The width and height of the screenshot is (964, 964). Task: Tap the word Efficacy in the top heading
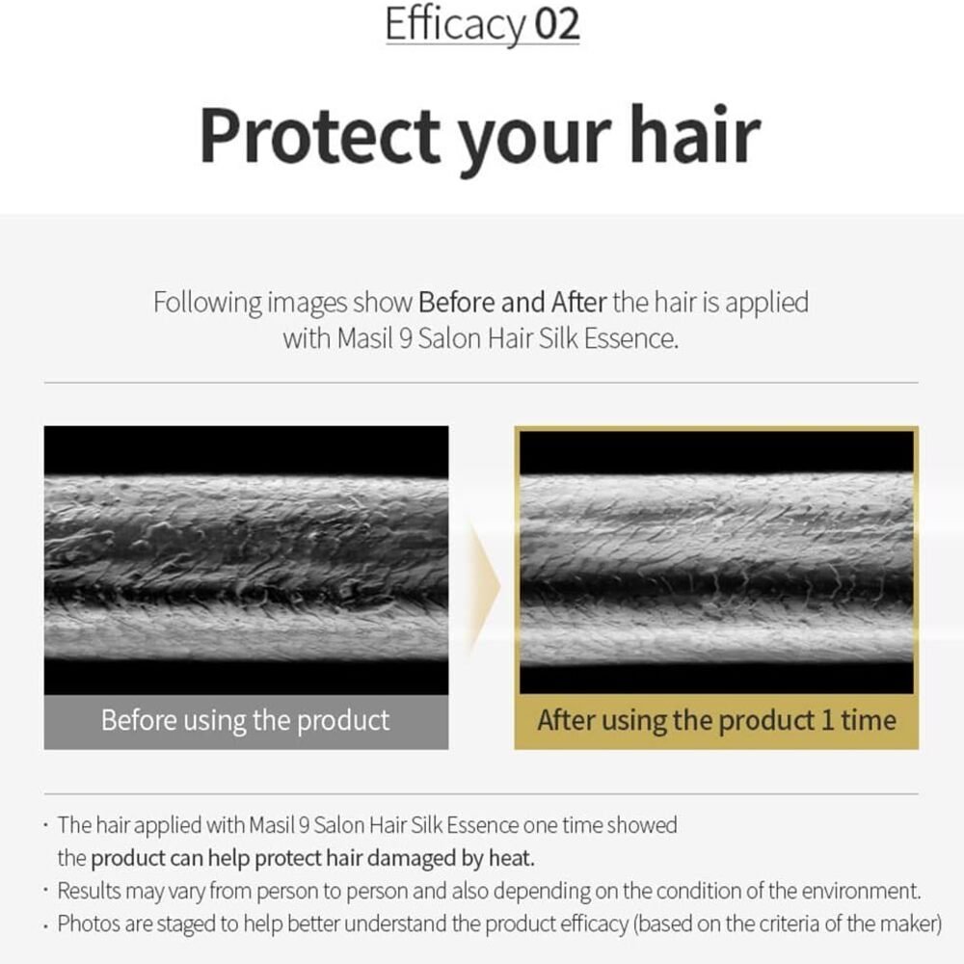coord(456,25)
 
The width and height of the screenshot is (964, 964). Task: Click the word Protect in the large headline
coord(320,134)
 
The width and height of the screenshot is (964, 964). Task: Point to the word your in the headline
coord(535,142)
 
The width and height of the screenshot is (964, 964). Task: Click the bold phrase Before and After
coord(512,302)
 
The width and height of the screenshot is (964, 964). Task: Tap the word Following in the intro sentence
coord(208,303)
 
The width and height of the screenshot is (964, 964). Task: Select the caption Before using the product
coord(245,720)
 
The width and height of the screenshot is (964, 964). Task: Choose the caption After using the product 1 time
coord(717,720)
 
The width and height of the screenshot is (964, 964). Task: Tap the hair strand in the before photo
coord(246,568)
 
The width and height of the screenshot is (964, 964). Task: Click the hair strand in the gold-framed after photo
coord(717,568)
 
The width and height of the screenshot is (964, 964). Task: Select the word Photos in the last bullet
coord(88,924)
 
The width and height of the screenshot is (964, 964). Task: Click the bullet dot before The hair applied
coord(45,825)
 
